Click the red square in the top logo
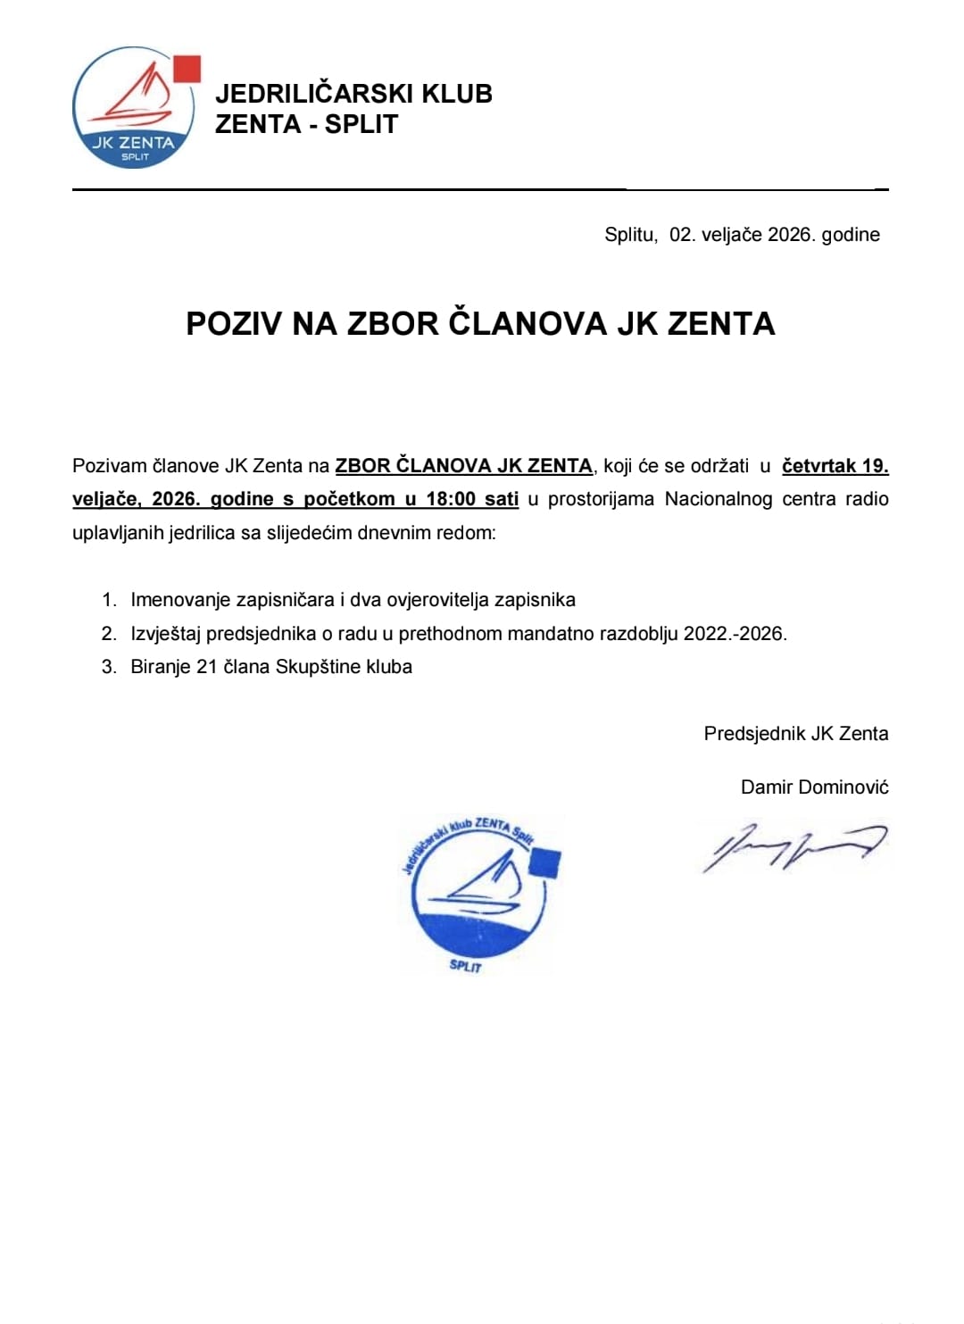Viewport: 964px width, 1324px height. click(187, 69)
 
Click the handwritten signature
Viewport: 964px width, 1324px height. click(794, 847)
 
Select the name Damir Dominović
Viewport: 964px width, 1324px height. click(814, 787)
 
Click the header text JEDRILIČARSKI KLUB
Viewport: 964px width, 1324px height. click(353, 94)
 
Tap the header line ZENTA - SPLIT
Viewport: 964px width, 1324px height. click(306, 124)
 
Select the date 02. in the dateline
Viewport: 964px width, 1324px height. click(681, 235)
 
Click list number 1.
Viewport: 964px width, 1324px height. click(109, 600)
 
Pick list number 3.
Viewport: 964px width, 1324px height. click(109, 667)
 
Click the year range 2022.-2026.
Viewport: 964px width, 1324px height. click(735, 634)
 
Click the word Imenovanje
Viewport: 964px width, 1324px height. click(181, 600)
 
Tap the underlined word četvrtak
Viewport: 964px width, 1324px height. click(819, 466)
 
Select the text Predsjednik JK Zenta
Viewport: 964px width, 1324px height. click(795, 734)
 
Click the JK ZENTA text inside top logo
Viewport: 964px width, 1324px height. click(134, 142)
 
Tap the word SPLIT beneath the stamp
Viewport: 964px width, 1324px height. click(465, 966)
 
